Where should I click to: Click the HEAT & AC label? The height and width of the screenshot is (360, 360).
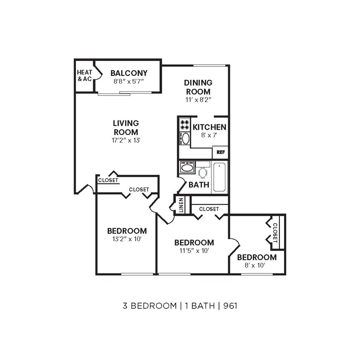[84, 76]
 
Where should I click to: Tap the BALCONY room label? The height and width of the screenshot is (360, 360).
[129, 73]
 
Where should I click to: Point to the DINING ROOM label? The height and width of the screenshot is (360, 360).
[198, 87]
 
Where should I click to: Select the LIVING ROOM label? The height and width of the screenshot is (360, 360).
[126, 128]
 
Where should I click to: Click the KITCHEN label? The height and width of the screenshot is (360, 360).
[209, 127]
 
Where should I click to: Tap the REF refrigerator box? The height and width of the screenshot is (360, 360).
[220, 153]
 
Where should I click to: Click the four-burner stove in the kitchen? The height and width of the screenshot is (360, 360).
[185, 125]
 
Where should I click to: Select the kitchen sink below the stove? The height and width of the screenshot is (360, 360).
[185, 138]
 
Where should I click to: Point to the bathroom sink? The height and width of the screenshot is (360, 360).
[187, 167]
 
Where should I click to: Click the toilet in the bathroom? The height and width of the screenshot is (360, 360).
[203, 172]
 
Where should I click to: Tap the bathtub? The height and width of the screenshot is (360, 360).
[219, 177]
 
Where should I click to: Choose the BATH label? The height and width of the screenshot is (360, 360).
[199, 185]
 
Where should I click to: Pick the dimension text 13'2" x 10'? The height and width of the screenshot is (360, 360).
[127, 240]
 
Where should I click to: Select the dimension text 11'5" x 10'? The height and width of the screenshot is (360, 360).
[194, 251]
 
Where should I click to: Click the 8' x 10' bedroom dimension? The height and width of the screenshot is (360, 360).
[255, 265]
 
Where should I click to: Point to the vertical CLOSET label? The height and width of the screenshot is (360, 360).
[275, 233]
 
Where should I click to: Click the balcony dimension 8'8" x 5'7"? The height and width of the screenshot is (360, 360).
[129, 81]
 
